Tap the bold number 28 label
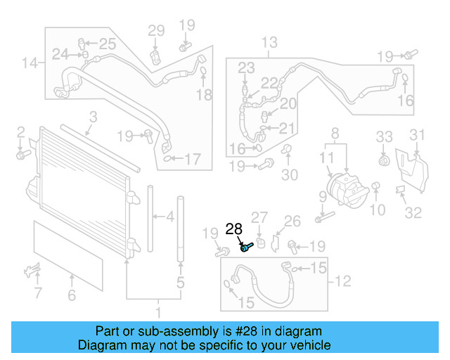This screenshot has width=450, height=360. pyautogui.click(x=233, y=229)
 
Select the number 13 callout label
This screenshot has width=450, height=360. pyautogui.click(x=269, y=44)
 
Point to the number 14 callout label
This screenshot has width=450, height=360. pyautogui.click(x=29, y=64)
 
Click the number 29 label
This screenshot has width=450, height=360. pyautogui.click(x=155, y=30)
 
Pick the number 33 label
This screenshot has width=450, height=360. pyautogui.click(x=383, y=136)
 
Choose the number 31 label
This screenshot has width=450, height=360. pyautogui.click(x=418, y=135)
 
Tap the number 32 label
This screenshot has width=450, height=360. pyautogui.click(x=413, y=212)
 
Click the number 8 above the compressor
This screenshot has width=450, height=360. pyautogui.click(x=335, y=132)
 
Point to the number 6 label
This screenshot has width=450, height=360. pyautogui.click(x=72, y=296)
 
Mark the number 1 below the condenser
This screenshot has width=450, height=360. pyautogui.click(x=157, y=311)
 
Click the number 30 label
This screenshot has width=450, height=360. pyautogui.click(x=290, y=175)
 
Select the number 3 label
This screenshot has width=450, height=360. pyautogui.click(x=92, y=117)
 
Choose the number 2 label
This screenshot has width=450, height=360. pyautogui.click(x=21, y=131)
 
